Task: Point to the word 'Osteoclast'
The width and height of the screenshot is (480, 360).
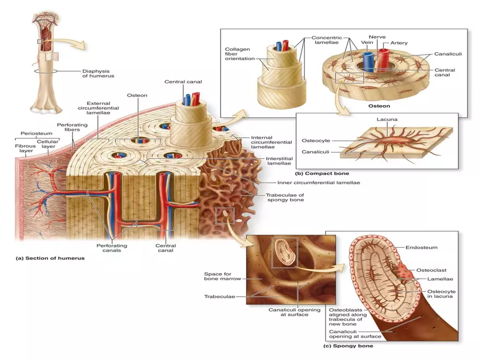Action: (x=431, y=269)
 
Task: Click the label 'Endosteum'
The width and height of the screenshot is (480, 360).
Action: (x=421, y=247)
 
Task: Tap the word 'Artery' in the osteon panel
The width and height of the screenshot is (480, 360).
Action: (x=399, y=43)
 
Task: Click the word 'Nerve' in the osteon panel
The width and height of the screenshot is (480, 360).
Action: (x=377, y=37)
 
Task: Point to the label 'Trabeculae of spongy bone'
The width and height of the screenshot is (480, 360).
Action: (x=281, y=197)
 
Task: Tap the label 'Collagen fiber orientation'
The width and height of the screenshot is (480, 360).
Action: (x=238, y=54)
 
